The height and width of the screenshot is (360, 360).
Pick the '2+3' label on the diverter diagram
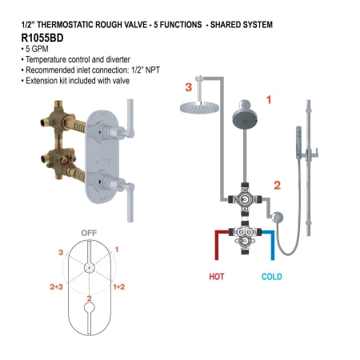point(57,286)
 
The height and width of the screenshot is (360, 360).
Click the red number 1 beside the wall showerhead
point(269,101)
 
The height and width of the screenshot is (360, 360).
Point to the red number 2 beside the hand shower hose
point(276,185)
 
